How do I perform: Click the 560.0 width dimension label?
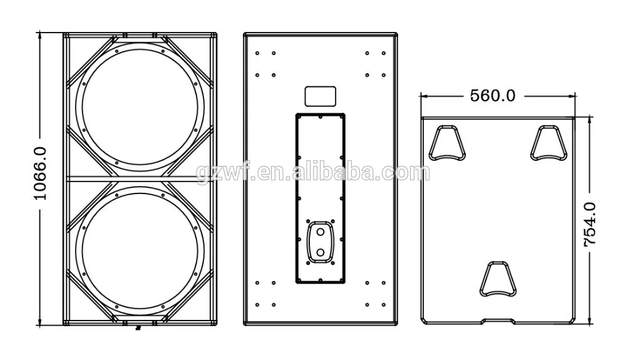[493, 96]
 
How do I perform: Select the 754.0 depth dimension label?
[590, 224]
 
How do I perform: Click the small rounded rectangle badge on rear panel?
[320, 96]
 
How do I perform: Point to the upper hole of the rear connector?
[321, 232]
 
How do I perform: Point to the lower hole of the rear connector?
[321, 252]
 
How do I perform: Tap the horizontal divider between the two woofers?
[139, 178]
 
